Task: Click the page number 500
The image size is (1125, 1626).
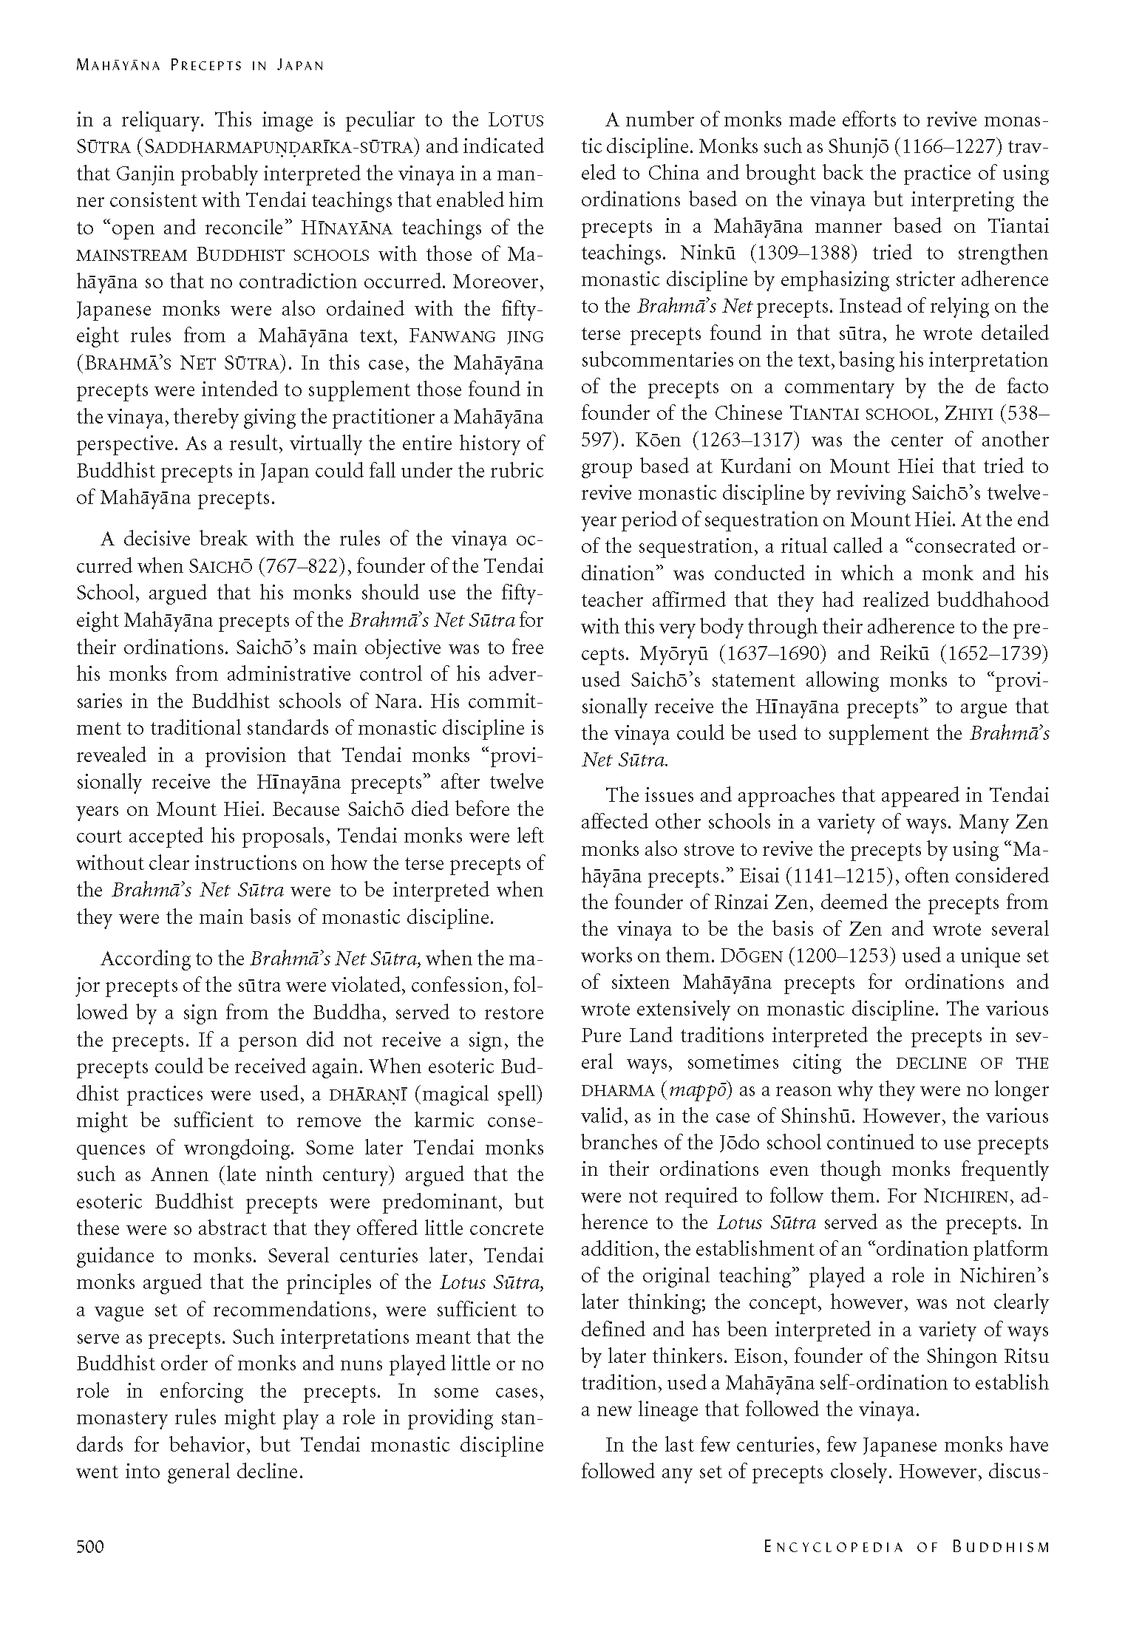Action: tap(90, 1546)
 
